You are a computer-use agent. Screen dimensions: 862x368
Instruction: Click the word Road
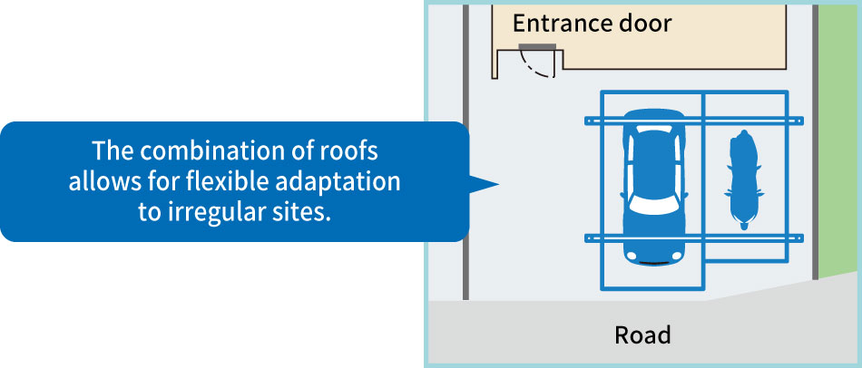642,335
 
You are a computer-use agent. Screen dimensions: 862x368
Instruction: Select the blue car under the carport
654,187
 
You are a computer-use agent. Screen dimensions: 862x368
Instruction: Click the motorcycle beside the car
743,179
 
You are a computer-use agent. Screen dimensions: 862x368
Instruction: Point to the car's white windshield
653,205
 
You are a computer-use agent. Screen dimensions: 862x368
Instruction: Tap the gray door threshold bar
537,45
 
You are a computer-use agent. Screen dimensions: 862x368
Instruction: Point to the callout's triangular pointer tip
499,185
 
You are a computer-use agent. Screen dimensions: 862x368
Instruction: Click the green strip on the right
837,137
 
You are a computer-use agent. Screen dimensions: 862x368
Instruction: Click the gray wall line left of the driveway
465,152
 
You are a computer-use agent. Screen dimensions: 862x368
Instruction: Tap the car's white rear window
653,130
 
